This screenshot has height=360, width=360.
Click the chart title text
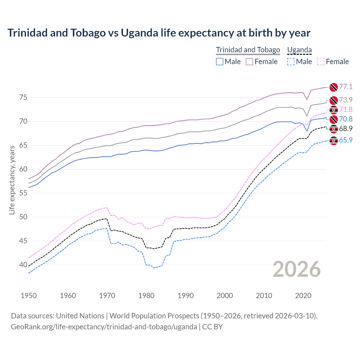click(159, 33)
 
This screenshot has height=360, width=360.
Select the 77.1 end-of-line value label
click(346, 87)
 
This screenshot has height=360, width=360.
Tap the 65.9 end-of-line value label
click(346, 140)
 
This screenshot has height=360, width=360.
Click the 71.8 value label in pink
click(346, 109)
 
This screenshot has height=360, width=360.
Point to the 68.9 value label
click(346, 129)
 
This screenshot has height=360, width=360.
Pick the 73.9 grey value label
click(346, 100)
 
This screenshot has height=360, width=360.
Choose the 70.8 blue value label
click(346, 119)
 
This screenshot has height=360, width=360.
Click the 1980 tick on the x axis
click(146, 296)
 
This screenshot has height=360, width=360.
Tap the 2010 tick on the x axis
click(264, 296)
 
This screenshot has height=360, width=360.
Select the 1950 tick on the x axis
click(29, 296)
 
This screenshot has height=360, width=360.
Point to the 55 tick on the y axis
click(23, 193)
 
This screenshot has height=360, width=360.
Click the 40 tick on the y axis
click(23, 265)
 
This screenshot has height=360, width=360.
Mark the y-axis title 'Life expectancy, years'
click(12, 180)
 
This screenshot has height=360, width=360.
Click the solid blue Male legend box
click(220, 62)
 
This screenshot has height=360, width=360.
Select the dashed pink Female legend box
click(321, 62)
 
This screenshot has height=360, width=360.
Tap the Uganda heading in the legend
click(299, 50)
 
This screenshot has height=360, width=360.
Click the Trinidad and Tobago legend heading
click(248, 50)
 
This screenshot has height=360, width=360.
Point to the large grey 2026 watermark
click(296, 269)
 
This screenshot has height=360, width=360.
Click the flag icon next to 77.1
click(334, 87)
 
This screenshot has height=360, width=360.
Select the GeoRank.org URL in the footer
click(104, 327)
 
